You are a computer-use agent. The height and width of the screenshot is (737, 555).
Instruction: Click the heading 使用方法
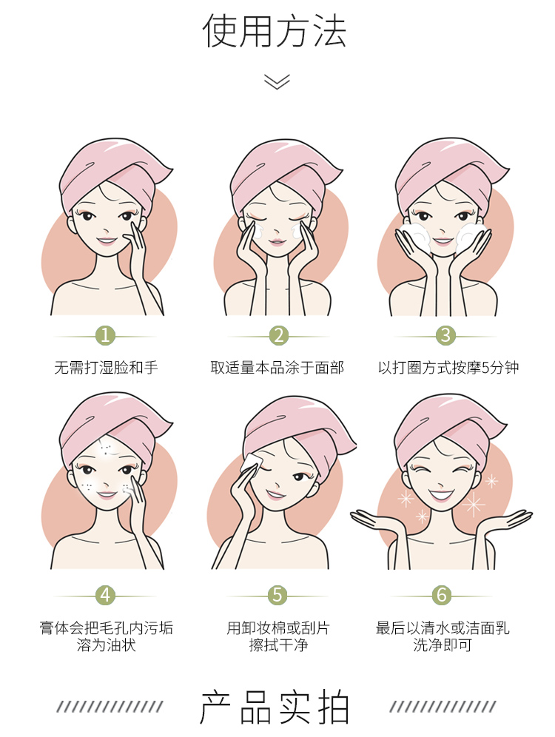coord(275,31)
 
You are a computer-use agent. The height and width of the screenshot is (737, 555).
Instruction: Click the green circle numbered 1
coord(105,336)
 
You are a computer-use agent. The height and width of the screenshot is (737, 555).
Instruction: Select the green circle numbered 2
coord(279,336)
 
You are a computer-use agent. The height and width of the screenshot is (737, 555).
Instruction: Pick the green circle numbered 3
coord(445,336)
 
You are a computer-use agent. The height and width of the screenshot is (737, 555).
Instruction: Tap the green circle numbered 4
coord(105,595)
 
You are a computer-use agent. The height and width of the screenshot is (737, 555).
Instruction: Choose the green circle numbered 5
coord(277,595)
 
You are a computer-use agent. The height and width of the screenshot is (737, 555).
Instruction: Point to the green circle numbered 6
coord(442,595)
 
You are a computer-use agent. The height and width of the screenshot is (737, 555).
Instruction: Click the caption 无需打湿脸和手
coord(106,367)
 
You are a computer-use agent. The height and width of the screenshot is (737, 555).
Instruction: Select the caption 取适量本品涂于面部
coord(277,367)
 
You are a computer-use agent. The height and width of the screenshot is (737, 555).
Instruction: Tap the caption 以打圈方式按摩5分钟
coord(448,367)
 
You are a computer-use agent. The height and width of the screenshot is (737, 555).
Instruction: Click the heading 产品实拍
coord(275,707)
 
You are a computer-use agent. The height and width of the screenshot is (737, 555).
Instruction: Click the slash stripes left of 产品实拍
coord(110,707)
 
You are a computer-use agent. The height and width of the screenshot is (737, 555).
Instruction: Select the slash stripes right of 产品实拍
coord(443,707)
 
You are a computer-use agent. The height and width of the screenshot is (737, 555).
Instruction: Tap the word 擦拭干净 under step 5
coord(278,645)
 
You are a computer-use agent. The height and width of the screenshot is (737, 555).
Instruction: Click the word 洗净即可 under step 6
coord(443,645)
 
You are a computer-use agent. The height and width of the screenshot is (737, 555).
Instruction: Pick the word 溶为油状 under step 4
coord(107,645)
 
